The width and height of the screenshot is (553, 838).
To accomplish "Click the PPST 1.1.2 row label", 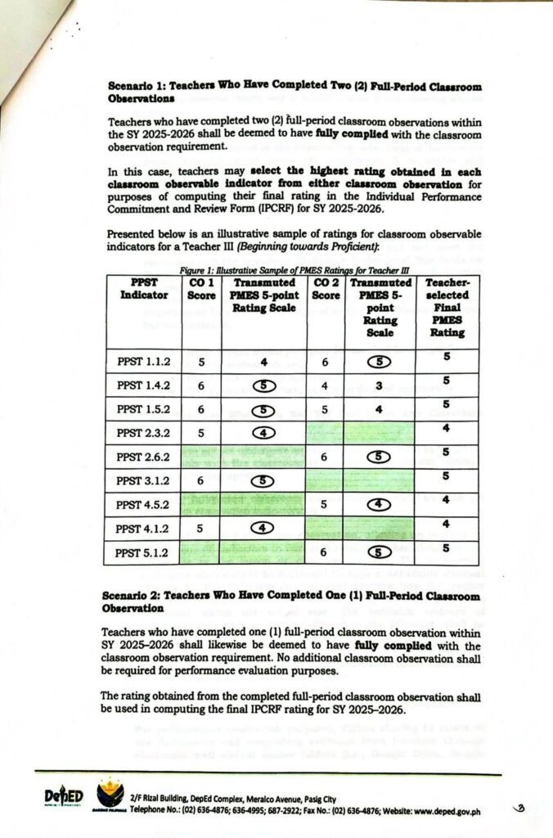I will [x=143, y=361].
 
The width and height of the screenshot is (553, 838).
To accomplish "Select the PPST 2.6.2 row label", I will [x=143, y=453].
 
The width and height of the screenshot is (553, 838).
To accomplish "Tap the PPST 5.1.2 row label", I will [x=143, y=552].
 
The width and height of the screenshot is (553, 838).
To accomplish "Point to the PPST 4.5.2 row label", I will [x=143, y=503].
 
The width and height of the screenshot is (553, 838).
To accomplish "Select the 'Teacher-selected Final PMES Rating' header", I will [x=447, y=307].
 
